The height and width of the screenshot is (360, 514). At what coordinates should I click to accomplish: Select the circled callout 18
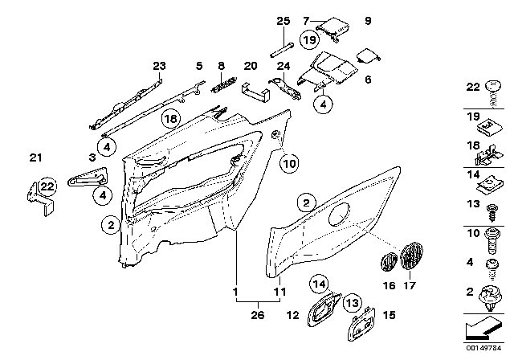coord(170,120)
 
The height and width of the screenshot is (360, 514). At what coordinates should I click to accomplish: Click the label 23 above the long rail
coord(158,66)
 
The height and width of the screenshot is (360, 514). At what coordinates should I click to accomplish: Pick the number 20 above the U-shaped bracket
coord(250,66)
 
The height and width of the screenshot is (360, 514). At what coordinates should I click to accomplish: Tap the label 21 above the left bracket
coord(34,156)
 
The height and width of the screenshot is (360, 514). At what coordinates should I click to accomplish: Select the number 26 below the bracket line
coord(256,315)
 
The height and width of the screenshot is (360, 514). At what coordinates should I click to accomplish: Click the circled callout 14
coord(320,282)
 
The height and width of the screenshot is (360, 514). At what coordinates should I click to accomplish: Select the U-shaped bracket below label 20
coord(255,92)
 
